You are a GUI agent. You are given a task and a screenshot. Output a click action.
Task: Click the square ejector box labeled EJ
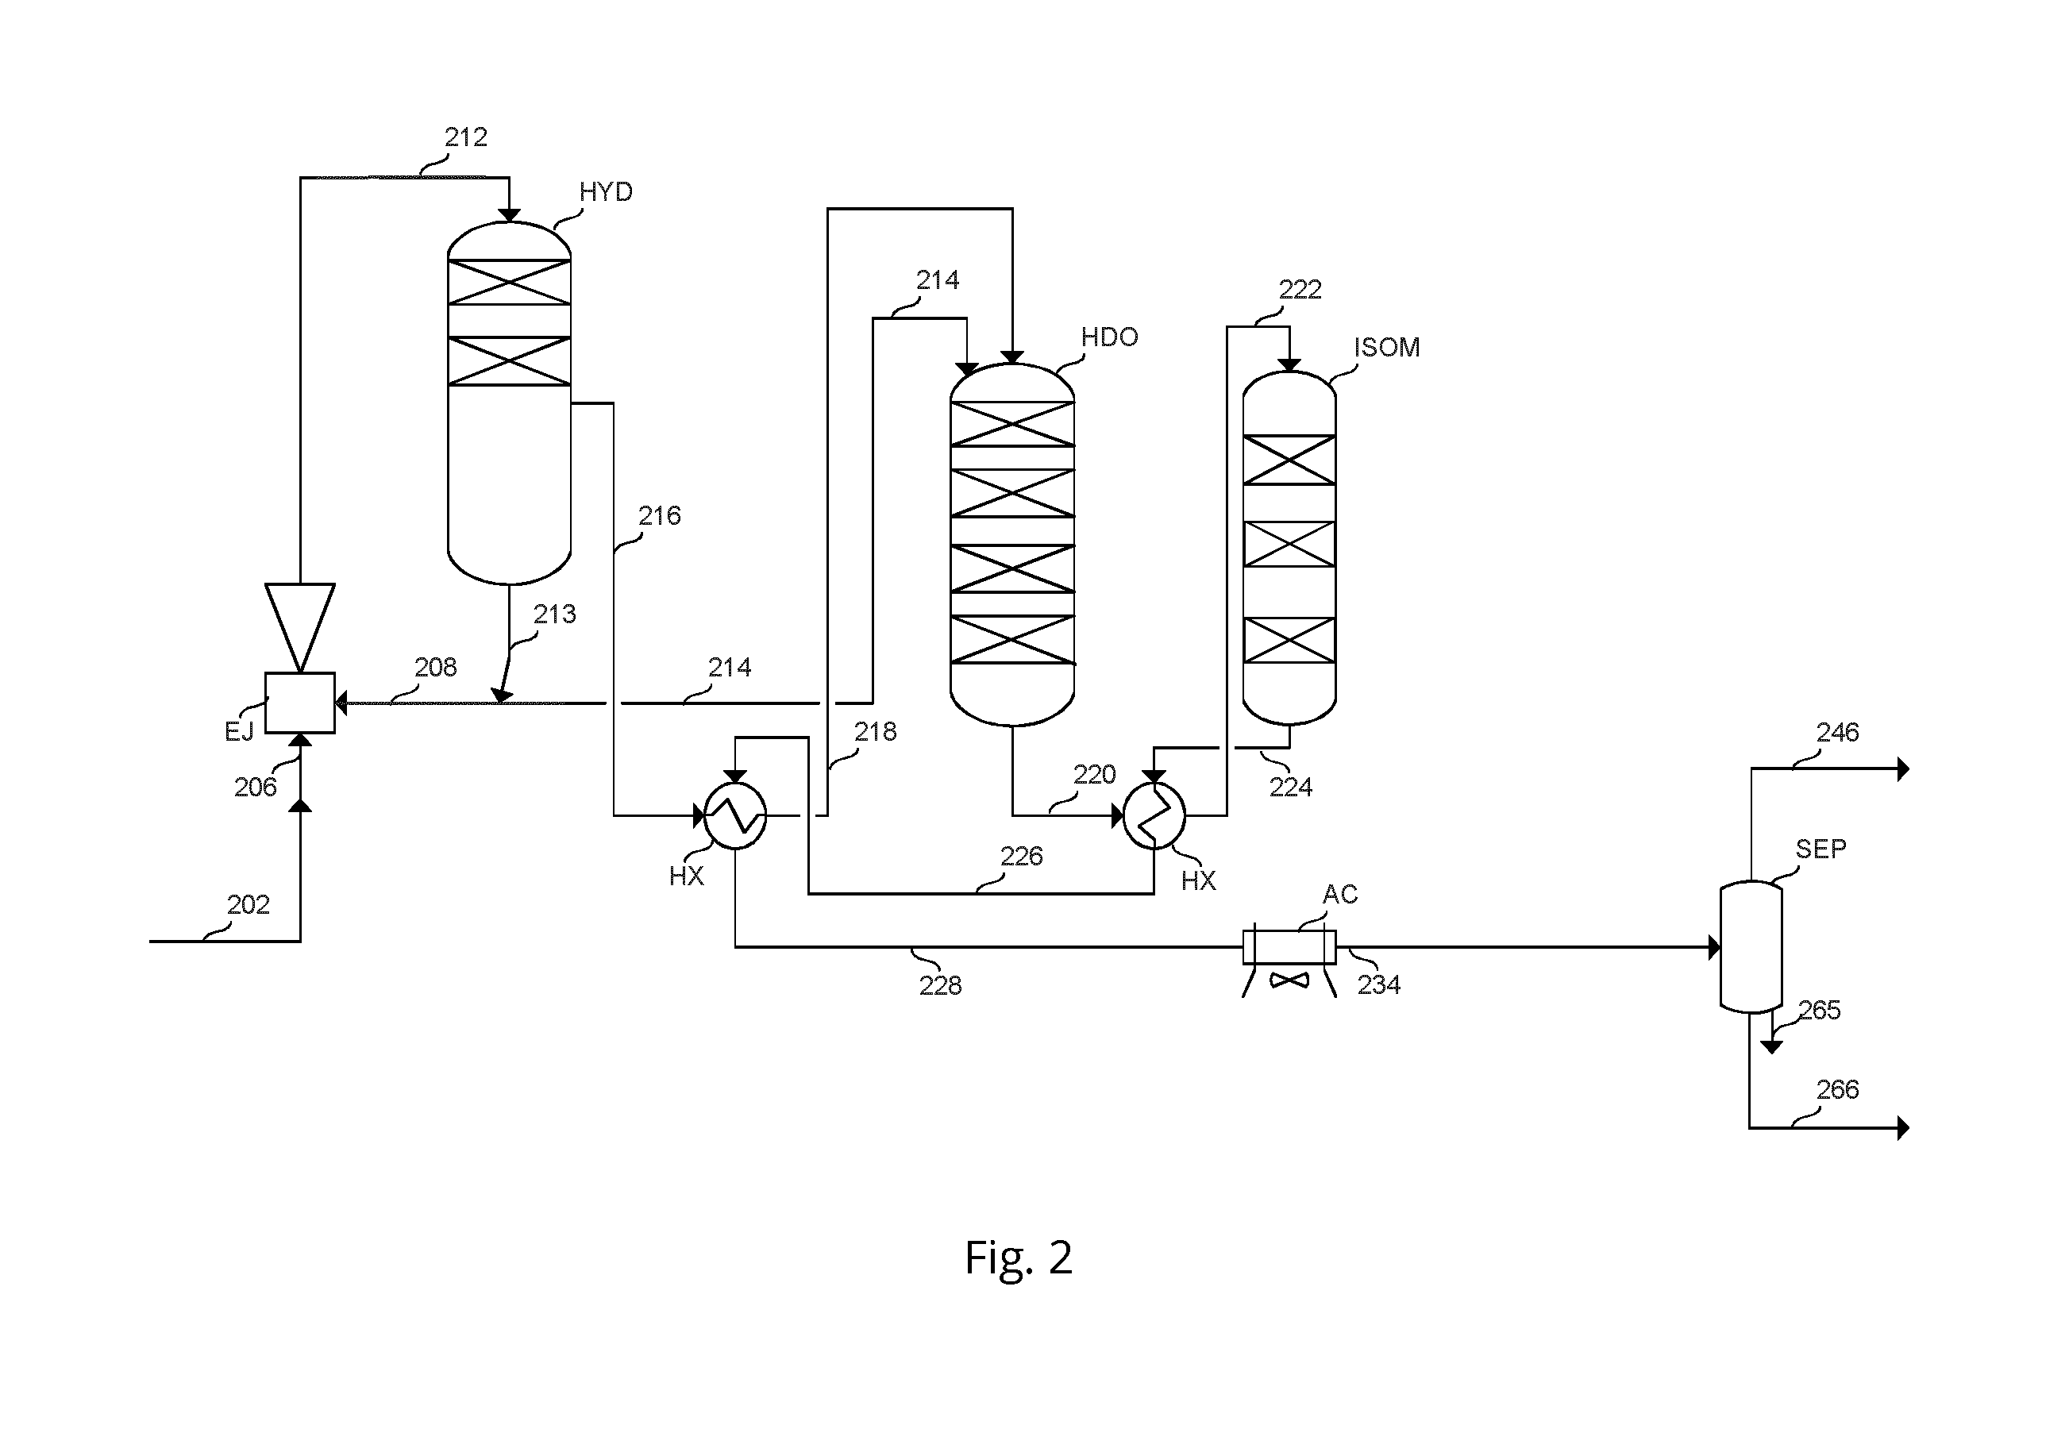300,703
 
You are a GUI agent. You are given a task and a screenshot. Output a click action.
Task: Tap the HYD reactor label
605,191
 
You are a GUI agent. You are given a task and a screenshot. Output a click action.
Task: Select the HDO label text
1109,337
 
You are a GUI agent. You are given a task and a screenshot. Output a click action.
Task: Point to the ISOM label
1387,348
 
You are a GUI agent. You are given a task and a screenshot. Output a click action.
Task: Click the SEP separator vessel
1751,946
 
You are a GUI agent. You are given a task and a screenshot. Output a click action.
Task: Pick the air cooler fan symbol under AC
1289,980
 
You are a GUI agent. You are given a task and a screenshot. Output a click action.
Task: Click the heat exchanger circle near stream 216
735,815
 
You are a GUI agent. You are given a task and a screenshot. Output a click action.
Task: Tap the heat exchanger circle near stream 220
1154,815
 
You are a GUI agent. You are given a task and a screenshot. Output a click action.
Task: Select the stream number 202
248,904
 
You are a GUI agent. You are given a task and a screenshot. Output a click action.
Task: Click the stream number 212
465,137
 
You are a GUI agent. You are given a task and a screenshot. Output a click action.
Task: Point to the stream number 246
1837,733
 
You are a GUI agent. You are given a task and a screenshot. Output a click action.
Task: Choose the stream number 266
1837,1090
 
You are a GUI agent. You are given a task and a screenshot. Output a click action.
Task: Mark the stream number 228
940,985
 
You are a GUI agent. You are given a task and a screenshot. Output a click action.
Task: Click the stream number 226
1022,856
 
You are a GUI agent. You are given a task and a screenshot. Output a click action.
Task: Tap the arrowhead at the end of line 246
1903,768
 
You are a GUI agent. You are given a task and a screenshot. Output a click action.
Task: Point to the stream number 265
1819,1010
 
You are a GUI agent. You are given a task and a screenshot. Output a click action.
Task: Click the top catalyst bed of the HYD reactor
510,282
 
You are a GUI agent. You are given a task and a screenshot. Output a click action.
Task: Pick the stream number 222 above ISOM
1300,289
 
